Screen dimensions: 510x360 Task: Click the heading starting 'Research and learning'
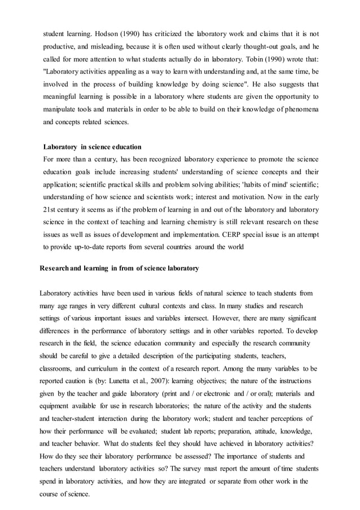click(x=119, y=269)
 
